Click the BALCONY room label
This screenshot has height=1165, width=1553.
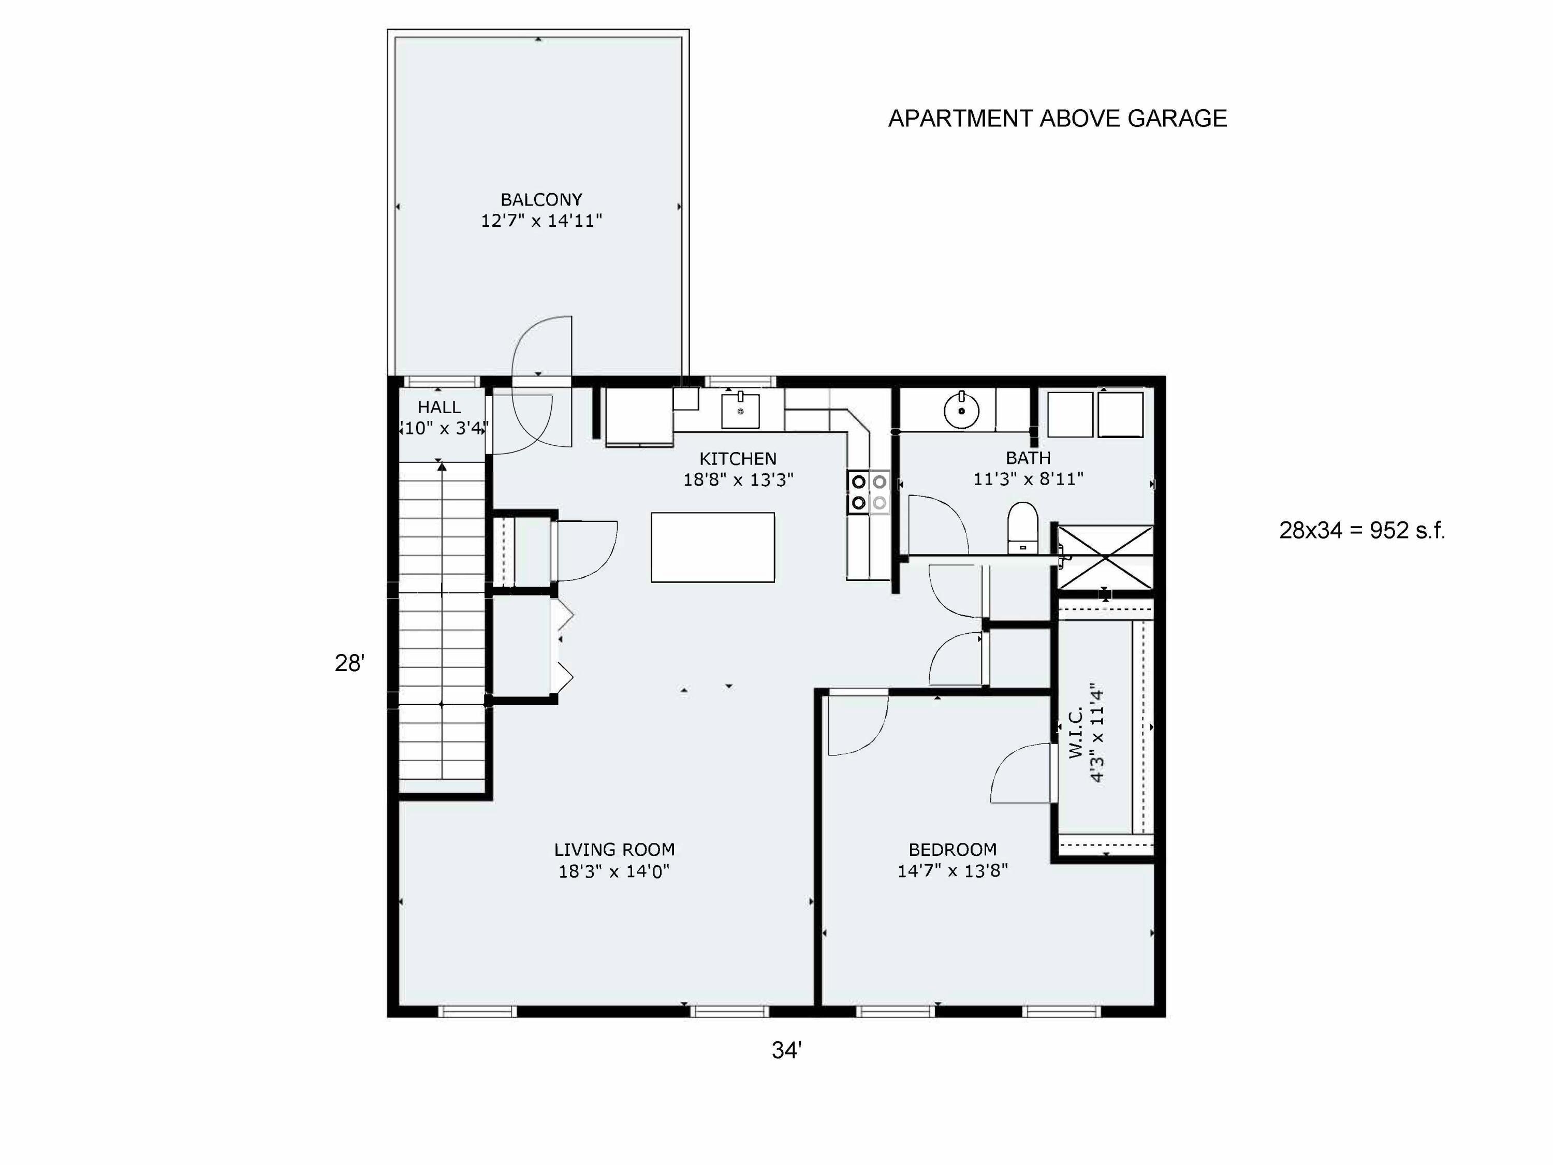click(541, 199)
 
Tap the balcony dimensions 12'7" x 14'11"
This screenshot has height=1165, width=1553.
click(541, 221)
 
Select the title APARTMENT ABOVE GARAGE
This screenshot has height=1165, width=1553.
click(1057, 118)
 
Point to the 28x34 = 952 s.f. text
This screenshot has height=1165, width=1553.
click(1362, 530)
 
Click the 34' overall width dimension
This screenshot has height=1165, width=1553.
click(786, 1050)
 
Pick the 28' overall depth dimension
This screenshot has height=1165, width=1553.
click(349, 663)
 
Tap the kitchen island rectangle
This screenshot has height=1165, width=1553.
click(713, 547)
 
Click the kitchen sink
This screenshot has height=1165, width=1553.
click(740, 410)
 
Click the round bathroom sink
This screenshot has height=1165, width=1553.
click(961, 410)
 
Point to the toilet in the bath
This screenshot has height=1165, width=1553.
click(1022, 528)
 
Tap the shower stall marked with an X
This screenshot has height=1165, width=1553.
click(1105, 558)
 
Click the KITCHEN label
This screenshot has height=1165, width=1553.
click(738, 459)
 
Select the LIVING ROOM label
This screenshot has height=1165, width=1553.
click(614, 850)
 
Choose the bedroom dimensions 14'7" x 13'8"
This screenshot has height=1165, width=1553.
click(953, 871)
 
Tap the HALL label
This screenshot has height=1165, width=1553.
click(439, 407)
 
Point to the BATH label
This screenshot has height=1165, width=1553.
click(1028, 458)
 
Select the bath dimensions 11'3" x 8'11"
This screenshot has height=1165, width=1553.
click(1028, 479)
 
